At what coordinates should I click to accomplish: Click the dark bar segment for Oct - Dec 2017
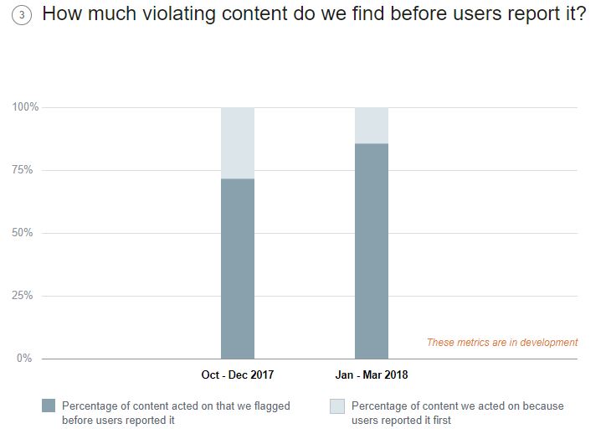(238, 268)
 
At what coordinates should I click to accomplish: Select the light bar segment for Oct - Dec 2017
(238, 142)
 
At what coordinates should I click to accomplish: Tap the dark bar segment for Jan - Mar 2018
(372, 251)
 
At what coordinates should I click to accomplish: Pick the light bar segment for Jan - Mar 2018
(372, 125)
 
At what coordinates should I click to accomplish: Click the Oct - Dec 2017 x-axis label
(238, 375)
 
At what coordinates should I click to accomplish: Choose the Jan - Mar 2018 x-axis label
(372, 375)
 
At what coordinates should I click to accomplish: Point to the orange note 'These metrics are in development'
(502, 342)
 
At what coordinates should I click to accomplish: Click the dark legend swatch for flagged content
(48, 406)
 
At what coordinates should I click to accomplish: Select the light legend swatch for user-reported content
(337, 406)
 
